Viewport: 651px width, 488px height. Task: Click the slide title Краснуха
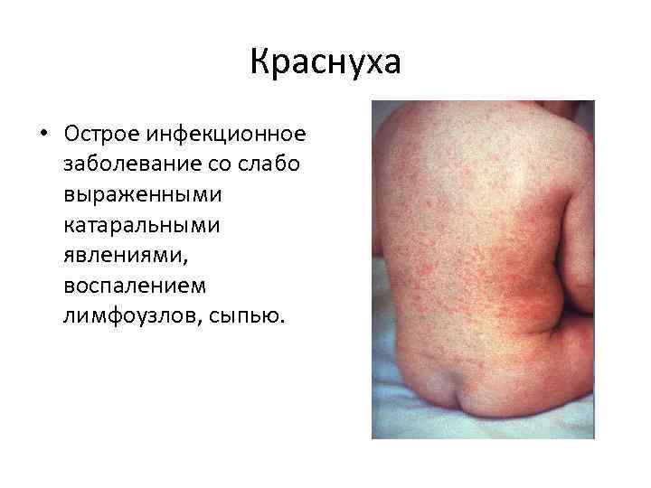[325, 64]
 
